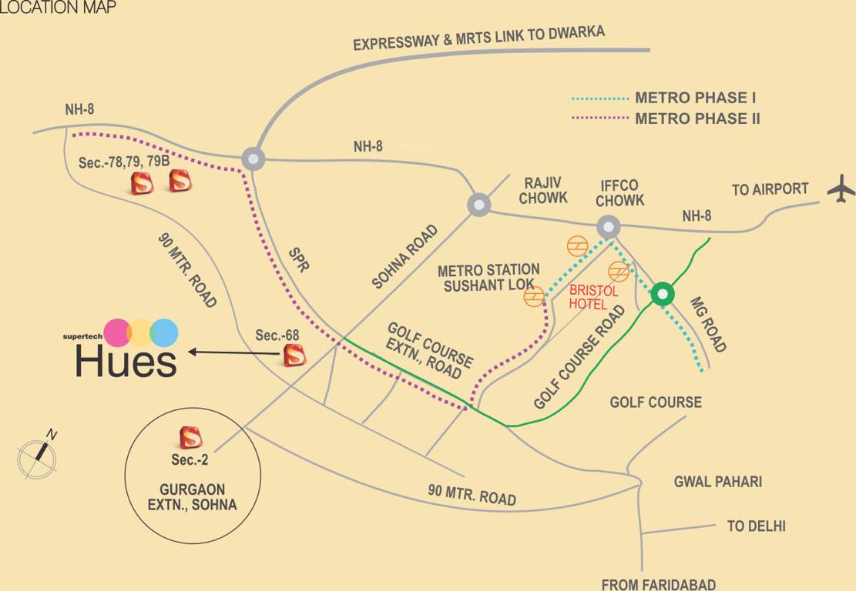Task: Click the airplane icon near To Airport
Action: [x=841, y=189]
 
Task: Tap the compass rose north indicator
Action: [x=38, y=453]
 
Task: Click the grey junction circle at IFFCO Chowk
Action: [x=609, y=226]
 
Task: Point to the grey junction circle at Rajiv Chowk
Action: [x=479, y=205]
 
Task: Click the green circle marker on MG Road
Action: [x=662, y=294]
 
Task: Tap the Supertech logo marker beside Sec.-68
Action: [x=294, y=356]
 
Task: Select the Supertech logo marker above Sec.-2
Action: [x=190, y=437]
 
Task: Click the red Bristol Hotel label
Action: [x=593, y=298]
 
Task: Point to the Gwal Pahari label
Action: [x=717, y=482]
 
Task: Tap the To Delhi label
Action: [x=756, y=526]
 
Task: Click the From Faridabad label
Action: [x=659, y=584]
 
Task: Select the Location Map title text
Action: [x=58, y=8]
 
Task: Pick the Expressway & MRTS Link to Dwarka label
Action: [x=478, y=38]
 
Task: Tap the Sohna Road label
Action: [x=405, y=256]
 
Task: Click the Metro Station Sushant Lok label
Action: [x=488, y=278]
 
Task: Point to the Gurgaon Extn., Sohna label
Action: [x=192, y=497]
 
